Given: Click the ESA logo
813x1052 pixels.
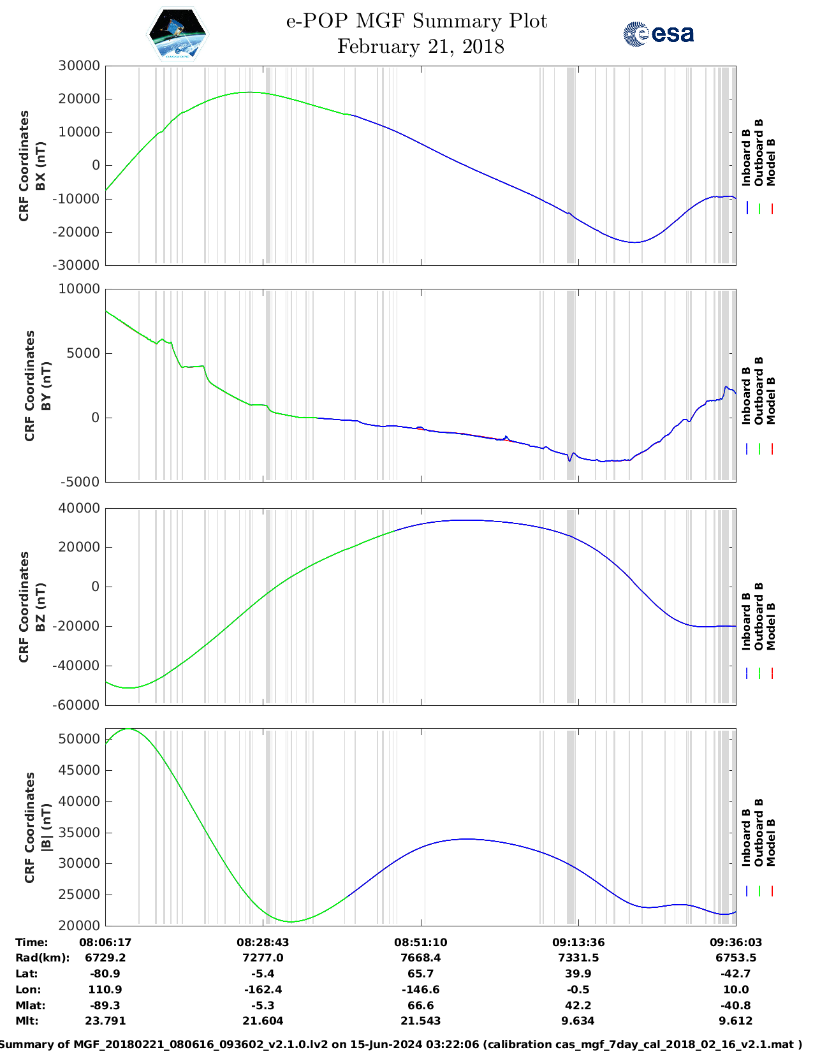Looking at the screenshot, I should (x=659, y=34).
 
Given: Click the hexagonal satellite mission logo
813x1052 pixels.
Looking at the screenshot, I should (x=177, y=33).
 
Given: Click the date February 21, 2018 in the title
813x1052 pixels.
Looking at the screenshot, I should (x=420, y=47).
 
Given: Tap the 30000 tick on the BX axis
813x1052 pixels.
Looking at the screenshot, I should (x=79, y=66).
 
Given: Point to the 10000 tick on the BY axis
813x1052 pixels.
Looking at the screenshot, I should (x=79, y=289).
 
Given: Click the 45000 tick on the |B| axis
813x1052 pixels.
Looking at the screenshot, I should (x=79, y=770).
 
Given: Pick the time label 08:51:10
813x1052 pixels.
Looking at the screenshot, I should (x=420, y=942).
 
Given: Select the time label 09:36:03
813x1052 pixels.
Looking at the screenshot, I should (x=735, y=942).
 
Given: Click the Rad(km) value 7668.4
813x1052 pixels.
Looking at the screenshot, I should (x=420, y=958).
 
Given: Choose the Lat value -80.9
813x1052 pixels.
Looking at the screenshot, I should (x=105, y=974).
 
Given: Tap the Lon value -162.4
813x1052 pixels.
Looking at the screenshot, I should (x=263, y=990).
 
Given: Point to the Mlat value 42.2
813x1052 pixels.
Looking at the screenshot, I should (x=578, y=1005).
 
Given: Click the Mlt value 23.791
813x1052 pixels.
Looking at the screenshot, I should (x=105, y=1021).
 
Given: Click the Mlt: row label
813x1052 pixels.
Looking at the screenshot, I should (x=27, y=1021).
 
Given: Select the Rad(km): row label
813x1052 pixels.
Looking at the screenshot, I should (x=42, y=958).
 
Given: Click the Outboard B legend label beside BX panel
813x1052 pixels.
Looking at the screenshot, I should (x=759, y=153).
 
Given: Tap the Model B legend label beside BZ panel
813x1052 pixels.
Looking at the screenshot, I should (x=771, y=626).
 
